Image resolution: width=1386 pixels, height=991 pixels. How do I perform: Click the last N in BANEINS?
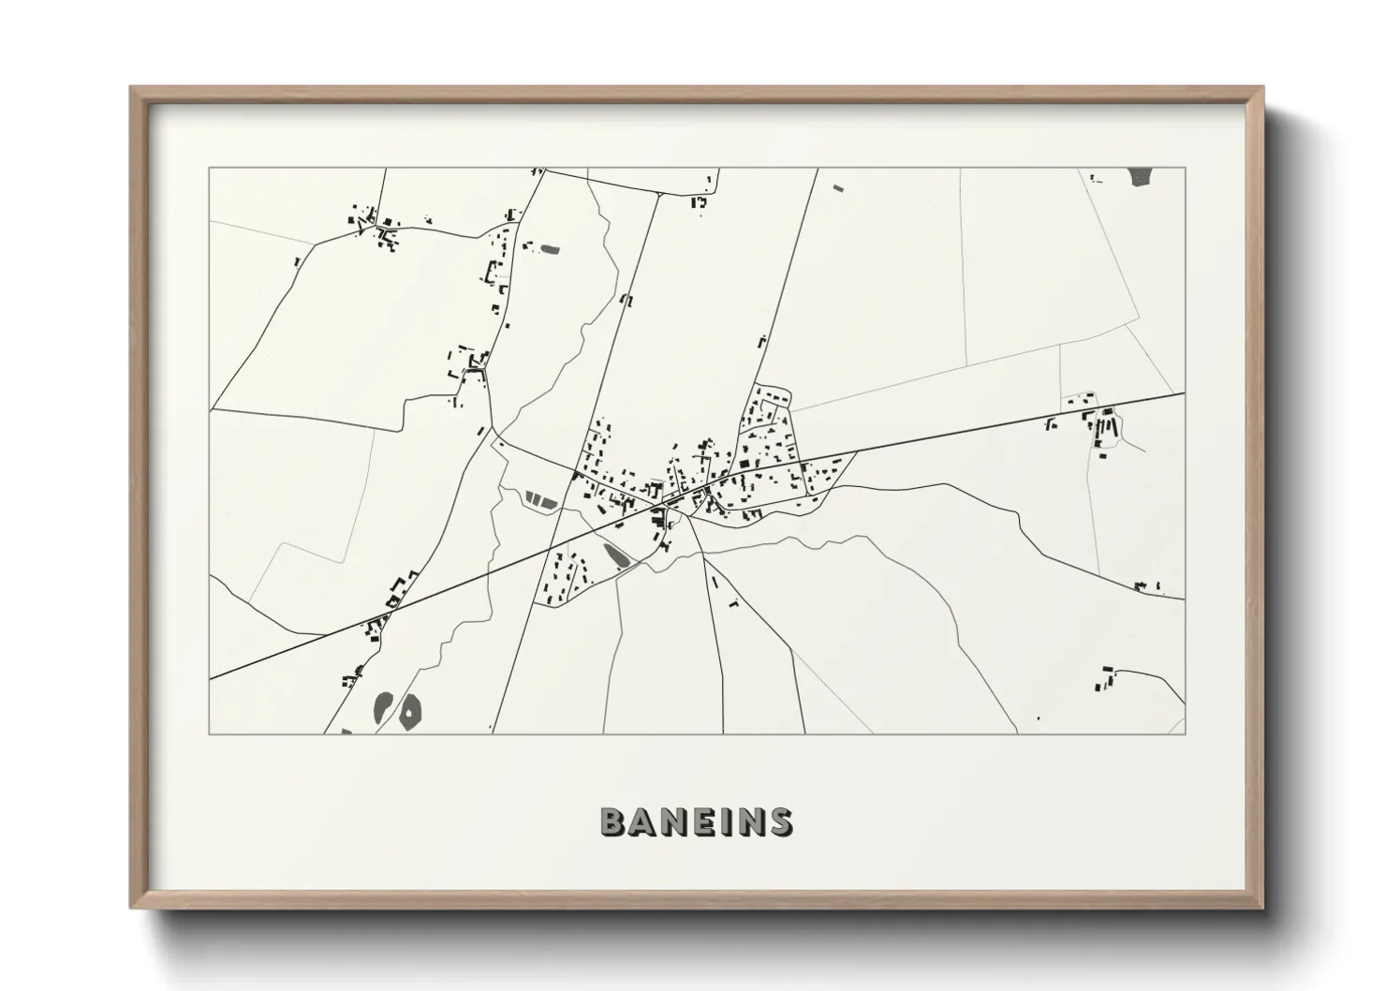(747, 821)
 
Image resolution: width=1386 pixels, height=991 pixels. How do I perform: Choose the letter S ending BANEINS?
(779, 821)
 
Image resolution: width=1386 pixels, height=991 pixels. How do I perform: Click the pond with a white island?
(410, 714)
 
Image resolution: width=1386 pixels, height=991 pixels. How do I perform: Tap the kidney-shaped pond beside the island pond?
(383, 706)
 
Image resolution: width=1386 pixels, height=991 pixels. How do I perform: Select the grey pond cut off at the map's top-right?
(1141, 176)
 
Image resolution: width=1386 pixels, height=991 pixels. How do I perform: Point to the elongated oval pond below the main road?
(615, 556)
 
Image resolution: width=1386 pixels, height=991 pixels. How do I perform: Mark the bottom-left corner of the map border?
(210, 733)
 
